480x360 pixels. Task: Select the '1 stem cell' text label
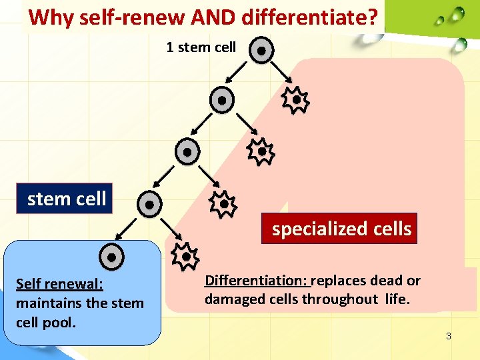(201, 47)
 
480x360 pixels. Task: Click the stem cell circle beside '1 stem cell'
(262, 51)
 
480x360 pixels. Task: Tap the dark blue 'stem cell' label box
(67, 199)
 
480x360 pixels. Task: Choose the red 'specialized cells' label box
(341, 229)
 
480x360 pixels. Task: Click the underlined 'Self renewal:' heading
(59, 285)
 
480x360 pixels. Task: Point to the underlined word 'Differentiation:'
(257, 281)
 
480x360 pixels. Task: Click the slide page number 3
(449, 336)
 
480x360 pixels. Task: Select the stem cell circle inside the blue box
(112, 257)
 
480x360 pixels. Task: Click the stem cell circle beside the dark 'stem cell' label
(150, 204)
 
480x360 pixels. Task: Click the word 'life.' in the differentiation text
(399, 299)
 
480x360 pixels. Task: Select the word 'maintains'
(46, 303)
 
